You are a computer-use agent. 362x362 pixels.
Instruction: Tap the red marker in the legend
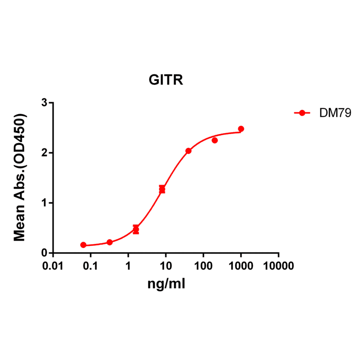click(x=302, y=113)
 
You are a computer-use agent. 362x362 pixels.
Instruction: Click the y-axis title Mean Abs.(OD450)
click(x=20, y=178)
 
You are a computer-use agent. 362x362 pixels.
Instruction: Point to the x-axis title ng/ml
click(x=166, y=284)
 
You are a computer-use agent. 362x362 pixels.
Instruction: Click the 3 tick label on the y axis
click(x=44, y=103)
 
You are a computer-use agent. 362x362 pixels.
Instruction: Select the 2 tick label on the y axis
click(x=44, y=153)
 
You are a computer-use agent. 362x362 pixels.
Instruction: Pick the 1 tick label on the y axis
click(x=44, y=203)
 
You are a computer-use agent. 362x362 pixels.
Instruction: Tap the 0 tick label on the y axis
click(x=44, y=253)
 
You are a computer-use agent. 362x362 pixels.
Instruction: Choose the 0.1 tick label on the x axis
click(x=90, y=266)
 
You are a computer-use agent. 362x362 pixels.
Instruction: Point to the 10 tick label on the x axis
click(x=166, y=266)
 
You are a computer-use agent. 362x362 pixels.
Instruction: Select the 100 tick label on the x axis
click(x=203, y=266)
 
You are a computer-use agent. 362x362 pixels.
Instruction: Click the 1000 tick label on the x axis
click(x=241, y=266)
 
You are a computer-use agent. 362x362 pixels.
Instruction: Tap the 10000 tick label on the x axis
click(x=278, y=266)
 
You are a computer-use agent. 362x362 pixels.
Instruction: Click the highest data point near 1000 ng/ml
click(x=241, y=129)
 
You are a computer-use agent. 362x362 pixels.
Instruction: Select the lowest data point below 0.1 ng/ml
click(x=83, y=245)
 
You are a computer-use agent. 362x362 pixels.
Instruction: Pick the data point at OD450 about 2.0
click(x=188, y=151)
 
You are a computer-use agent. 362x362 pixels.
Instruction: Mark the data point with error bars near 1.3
click(x=162, y=190)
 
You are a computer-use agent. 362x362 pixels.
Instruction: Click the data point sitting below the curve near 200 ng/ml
click(x=215, y=140)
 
